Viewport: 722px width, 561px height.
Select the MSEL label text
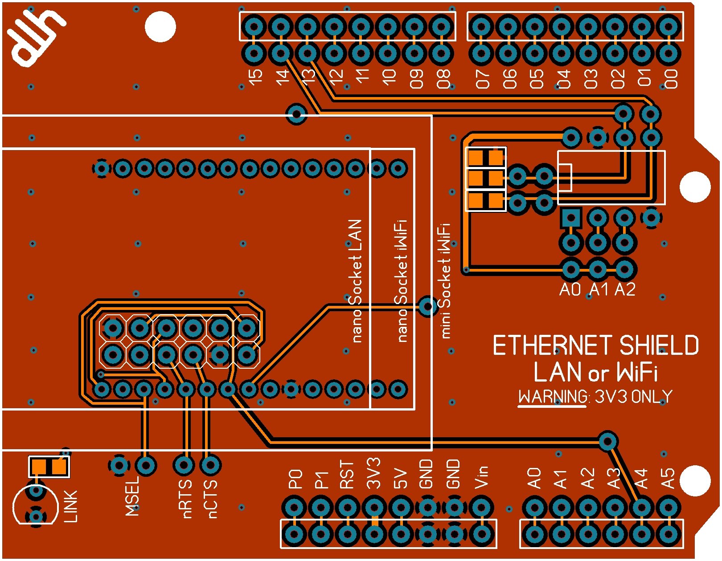[132, 496]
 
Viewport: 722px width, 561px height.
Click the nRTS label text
[187, 499]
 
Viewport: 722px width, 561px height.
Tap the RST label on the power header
[347, 475]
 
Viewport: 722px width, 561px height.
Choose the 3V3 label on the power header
[373, 473]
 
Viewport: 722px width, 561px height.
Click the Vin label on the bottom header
[481, 477]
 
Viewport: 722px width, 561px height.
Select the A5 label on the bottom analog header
[668, 478]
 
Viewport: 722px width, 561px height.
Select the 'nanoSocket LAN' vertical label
[356, 280]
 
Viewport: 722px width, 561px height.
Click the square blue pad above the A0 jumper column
[571, 218]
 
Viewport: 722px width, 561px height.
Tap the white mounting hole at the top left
[160, 26]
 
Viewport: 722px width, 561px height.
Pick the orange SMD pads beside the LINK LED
[49, 467]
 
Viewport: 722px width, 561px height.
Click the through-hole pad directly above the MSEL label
[145, 466]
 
